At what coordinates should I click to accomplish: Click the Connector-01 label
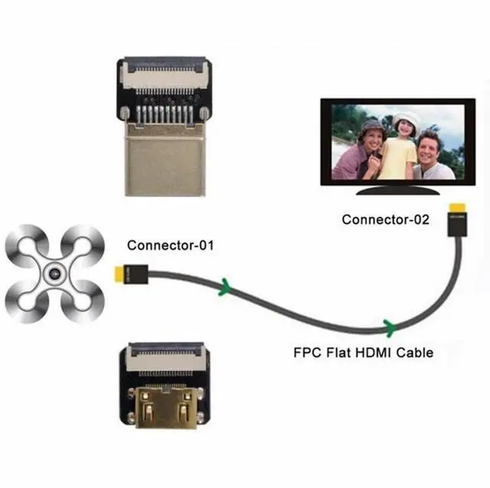tap(170, 246)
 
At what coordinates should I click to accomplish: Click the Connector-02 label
tap(385, 220)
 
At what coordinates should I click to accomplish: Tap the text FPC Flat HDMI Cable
tap(363, 353)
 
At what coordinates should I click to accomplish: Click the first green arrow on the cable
tap(224, 289)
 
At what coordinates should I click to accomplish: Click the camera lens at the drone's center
tap(54, 273)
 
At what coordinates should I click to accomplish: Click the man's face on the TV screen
tap(430, 145)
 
